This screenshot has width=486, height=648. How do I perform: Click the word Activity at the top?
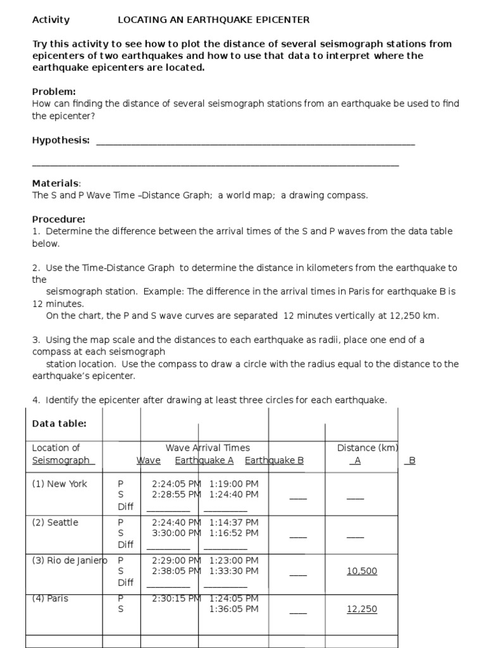click(x=51, y=20)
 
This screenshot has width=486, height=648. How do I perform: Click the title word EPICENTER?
click(x=282, y=20)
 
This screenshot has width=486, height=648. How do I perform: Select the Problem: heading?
click(x=54, y=92)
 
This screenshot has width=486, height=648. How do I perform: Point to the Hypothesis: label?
click(x=61, y=140)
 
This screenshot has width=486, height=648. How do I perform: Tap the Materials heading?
click(x=56, y=184)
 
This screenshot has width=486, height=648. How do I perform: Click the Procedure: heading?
click(x=59, y=219)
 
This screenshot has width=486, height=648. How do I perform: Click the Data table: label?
click(x=59, y=423)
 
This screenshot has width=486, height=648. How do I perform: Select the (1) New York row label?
click(x=59, y=483)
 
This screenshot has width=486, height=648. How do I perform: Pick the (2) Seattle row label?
click(x=55, y=522)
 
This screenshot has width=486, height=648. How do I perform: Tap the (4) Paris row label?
click(x=50, y=598)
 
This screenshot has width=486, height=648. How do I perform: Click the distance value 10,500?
click(x=362, y=571)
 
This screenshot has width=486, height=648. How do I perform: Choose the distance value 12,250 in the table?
click(x=362, y=609)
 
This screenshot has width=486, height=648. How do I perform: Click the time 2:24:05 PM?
click(x=177, y=483)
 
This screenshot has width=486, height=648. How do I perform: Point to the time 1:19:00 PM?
click(x=234, y=483)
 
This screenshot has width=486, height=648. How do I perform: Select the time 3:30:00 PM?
click(x=177, y=533)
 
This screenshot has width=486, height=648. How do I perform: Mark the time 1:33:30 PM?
click(x=234, y=571)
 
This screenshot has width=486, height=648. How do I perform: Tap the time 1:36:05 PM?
click(x=234, y=609)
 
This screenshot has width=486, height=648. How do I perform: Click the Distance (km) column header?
click(x=368, y=447)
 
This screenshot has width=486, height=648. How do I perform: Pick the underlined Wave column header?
click(x=149, y=460)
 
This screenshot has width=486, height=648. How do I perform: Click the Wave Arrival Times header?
click(x=208, y=447)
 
